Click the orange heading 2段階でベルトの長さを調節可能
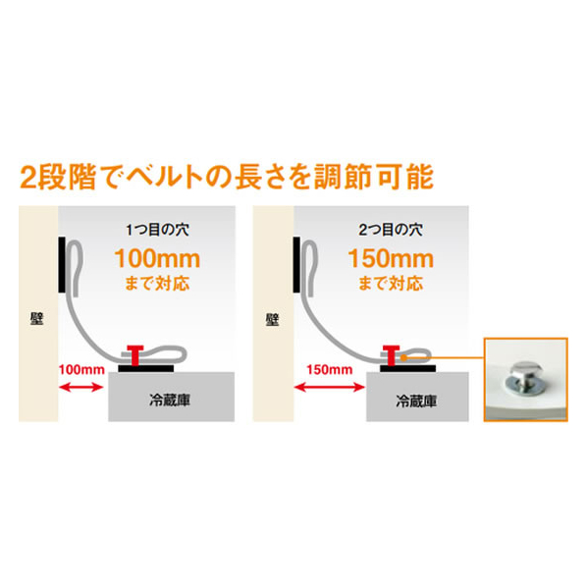(227, 177)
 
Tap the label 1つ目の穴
(157, 230)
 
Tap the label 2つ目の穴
(391, 230)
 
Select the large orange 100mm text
(157, 258)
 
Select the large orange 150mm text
(391, 258)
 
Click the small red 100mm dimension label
(81, 370)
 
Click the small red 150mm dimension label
(330, 370)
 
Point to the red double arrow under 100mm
(80, 388)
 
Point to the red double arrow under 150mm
(330, 388)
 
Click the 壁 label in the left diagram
(36, 319)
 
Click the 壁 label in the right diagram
(272, 319)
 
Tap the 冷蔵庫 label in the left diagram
(170, 400)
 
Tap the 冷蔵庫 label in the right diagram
(416, 400)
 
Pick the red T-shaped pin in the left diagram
(135, 355)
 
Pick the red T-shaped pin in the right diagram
(391, 355)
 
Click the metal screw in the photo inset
(524, 377)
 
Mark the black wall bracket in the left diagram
(62, 264)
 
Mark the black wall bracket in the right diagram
(296, 264)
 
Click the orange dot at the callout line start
(403, 358)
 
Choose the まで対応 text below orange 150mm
(391, 284)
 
